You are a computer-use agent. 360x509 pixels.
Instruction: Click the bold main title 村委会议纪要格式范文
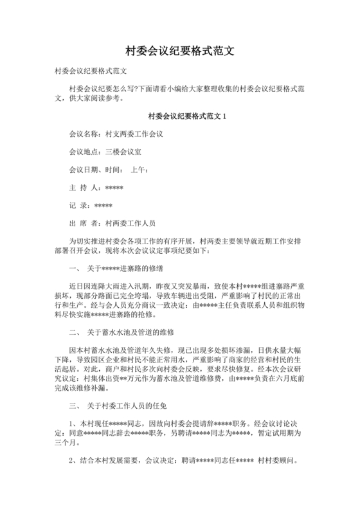[x=179, y=49]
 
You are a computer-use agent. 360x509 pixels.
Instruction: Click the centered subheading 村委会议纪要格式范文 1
[x=179, y=117]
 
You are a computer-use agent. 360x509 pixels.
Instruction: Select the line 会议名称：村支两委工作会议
[x=116, y=135]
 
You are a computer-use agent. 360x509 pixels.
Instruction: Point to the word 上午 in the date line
[x=139, y=170]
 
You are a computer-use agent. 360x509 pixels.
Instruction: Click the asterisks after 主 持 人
[x=114, y=188]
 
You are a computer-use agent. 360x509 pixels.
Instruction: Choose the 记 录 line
[x=90, y=206]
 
